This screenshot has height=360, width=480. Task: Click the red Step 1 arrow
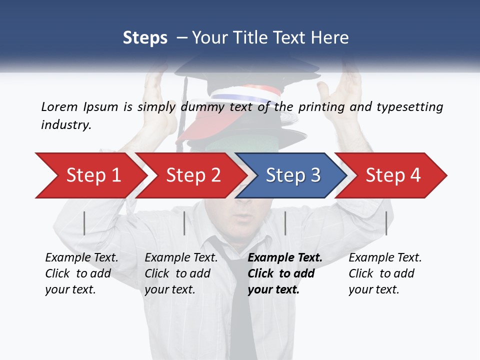pos(90,175)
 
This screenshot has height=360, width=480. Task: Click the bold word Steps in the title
pos(145,38)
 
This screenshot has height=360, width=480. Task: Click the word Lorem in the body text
pos(59,106)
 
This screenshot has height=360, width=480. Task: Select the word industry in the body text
pos(66,124)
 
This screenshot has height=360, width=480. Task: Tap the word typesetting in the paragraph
pos(409,106)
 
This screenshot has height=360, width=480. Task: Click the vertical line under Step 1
pos(84,223)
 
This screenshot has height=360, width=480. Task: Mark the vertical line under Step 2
pos(184,223)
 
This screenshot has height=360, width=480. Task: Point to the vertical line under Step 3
pos(285,223)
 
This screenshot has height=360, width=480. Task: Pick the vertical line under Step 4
pos(386,223)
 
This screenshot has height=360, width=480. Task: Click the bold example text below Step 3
pos(284,273)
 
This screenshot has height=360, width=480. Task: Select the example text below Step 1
pos(81,273)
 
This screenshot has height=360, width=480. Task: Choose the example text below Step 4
pos(384,273)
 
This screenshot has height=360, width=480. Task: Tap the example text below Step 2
pos(181,273)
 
